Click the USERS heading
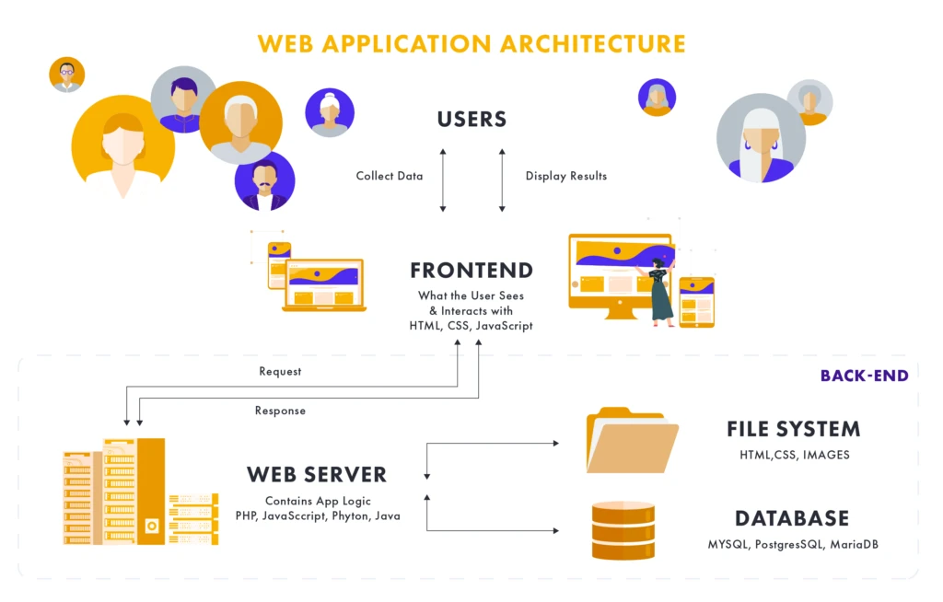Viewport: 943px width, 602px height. point(471,119)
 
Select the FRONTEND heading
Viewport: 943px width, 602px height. point(471,271)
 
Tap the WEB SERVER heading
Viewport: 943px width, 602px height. point(317,475)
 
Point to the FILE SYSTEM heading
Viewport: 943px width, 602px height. point(793,429)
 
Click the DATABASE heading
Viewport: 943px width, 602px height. point(792,518)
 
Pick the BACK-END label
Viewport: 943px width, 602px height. point(864,376)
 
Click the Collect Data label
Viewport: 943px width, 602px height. point(390,176)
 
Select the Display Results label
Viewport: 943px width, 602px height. point(566,176)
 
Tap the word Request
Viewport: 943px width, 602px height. point(280,372)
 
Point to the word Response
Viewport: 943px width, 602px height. point(280,411)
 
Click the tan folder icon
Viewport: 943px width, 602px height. point(632,441)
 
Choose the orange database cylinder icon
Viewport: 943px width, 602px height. point(623,530)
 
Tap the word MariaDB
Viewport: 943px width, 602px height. point(854,544)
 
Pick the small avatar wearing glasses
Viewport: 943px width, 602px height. point(66,75)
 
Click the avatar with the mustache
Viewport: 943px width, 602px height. point(264,180)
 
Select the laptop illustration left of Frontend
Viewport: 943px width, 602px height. point(323,285)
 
